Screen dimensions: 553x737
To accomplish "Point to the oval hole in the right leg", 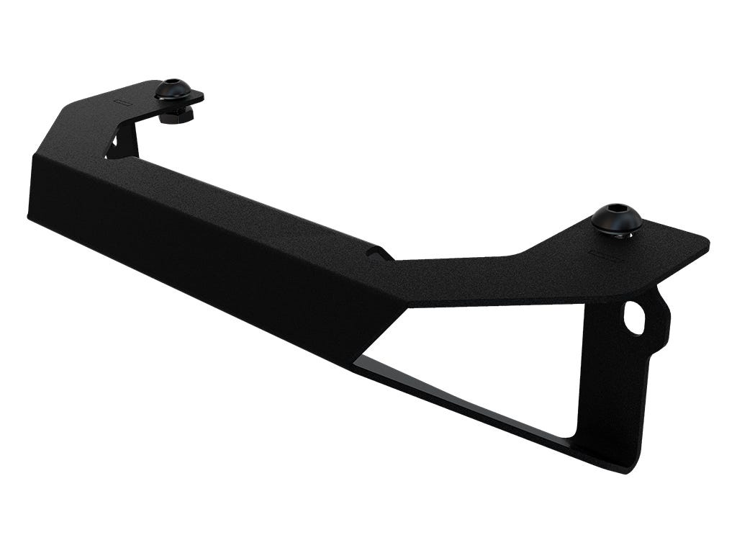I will [x=634, y=318].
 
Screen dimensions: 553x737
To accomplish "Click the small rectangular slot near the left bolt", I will [x=123, y=103].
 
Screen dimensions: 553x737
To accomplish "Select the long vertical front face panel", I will [x=202, y=245].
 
